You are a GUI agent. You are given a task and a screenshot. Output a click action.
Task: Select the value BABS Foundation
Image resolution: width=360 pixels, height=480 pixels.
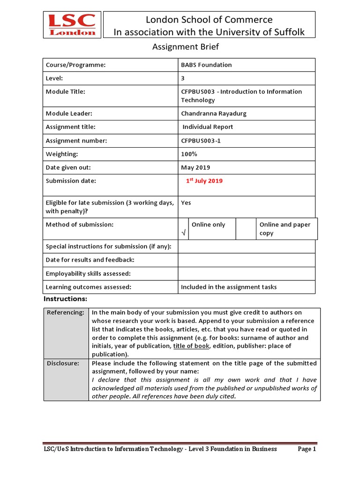pyautogui.click(x=206, y=65)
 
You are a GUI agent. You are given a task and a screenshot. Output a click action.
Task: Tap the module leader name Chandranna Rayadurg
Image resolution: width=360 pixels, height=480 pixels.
pyautogui.click(x=214, y=113)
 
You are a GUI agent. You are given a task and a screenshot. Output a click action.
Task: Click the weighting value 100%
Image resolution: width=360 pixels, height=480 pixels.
pyautogui.click(x=189, y=154)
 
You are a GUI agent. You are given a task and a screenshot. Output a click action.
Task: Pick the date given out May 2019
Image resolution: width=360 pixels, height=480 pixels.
pyautogui.click(x=195, y=167)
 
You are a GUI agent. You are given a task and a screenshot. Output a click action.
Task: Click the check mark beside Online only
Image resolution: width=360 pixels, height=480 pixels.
pyautogui.click(x=183, y=232)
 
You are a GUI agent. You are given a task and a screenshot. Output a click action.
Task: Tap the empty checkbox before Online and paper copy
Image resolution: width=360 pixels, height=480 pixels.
pyautogui.click(x=246, y=229)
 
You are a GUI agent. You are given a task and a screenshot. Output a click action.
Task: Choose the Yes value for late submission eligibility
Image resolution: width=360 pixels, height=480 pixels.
pyautogui.click(x=186, y=203)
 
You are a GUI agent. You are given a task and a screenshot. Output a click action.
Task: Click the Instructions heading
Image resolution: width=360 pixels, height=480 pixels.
pyautogui.click(x=66, y=299)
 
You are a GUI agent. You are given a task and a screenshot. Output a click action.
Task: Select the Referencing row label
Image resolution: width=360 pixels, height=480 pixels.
pyautogui.click(x=66, y=312)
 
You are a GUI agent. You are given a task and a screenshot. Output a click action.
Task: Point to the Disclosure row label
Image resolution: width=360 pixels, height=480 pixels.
pyautogui.click(x=63, y=363)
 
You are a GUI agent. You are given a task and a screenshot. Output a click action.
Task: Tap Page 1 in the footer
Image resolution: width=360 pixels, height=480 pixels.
pyautogui.click(x=307, y=449)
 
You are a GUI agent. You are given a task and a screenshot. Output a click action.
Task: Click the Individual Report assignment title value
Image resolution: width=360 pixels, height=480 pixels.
pyautogui.click(x=208, y=127)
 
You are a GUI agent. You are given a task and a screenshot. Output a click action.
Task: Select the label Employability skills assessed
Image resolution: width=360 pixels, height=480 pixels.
pyautogui.click(x=88, y=273)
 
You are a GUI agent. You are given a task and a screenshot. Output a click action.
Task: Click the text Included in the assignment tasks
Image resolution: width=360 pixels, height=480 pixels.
pyautogui.click(x=229, y=287)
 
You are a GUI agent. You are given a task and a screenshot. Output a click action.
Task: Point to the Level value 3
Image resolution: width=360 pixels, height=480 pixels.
pyautogui.click(x=183, y=78)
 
